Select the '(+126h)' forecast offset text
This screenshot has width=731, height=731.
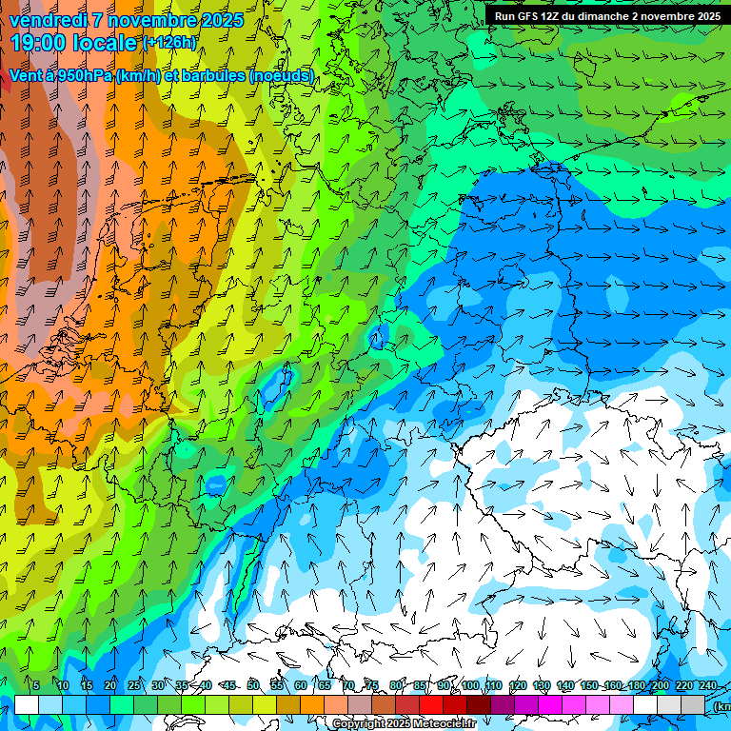(169, 43)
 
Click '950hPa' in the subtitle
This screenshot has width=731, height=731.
(80, 76)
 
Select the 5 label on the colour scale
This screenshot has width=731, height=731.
(35, 685)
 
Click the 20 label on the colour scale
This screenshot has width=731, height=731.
(110, 685)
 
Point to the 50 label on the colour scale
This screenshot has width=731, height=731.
(253, 685)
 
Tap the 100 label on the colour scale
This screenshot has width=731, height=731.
(469, 685)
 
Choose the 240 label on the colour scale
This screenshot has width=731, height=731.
(707, 685)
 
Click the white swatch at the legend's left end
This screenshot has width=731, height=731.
(27, 704)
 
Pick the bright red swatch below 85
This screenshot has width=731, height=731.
(431, 704)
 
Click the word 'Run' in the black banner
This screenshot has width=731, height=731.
(504, 16)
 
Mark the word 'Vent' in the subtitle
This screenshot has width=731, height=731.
(26, 76)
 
